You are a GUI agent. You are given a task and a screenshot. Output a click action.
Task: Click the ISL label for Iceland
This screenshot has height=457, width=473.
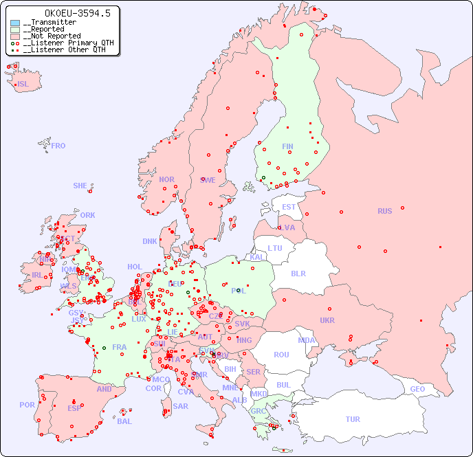[x=23, y=85]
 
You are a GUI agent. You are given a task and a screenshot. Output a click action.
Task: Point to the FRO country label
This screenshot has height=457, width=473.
[x=58, y=146]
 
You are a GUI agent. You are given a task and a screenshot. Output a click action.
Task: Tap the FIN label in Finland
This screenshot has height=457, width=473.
[x=287, y=146]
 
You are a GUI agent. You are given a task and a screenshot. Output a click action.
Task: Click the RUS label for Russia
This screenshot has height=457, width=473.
[x=384, y=211]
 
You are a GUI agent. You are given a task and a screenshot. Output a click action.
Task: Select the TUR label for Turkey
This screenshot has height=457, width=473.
[x=353, y=419]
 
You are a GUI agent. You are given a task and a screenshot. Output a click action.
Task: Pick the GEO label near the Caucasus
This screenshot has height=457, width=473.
[x=417, y=389]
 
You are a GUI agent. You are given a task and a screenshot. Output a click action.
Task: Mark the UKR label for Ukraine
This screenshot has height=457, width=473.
[x=327, y=320]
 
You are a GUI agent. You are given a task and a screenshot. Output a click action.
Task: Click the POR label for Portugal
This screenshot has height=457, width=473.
[x=27, y=405]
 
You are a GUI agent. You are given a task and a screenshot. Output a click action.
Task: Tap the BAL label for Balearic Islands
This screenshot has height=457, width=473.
[x=124, y=421]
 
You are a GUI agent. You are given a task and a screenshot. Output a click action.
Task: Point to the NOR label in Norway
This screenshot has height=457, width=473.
[x=166, y=179]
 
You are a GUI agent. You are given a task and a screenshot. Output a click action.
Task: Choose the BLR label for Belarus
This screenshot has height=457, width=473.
[x=298, y=273]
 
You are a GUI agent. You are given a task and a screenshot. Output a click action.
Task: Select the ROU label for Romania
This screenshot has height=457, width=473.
[x=281, y=355]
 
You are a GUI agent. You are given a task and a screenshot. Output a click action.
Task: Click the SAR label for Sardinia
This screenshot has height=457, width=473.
[x=181, y=406]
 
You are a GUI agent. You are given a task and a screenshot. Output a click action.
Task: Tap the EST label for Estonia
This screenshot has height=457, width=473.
[x=289, y=207]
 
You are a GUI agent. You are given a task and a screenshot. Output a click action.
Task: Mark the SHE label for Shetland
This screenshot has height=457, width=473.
[x=80, y=186]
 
